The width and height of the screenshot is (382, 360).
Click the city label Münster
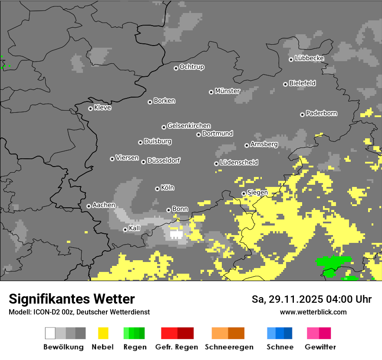(x=227, y=91)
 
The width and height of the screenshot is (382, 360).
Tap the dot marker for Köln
(x=157, y=189)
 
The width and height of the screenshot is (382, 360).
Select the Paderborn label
(x=322, y=114)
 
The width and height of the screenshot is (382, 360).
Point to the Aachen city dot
(x=89, y=206)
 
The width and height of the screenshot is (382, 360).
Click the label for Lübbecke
(x=310, y=58)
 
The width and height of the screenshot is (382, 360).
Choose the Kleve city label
(x=103, y=108)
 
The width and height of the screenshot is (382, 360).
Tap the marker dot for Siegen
(x=244, y=193)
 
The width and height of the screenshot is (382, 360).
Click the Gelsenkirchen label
(x=189, y=126)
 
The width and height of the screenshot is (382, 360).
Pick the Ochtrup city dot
(x=176, y=68)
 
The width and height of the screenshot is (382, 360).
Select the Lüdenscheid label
(x=239, y=163)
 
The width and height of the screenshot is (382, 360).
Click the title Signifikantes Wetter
(x=72, y=299)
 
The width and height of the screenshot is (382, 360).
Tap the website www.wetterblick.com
(x=313, y=312)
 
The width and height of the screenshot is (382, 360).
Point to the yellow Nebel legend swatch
(x=103, y=333)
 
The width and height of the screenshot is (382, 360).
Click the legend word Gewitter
(x=320, y=347)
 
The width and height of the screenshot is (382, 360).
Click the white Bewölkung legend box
(x=50, y=333)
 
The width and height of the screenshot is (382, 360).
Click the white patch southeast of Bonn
(x=176, y=234)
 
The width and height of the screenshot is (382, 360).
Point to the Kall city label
(x=135, y=228)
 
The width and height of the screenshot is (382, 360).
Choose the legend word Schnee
(x=280, y=347)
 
